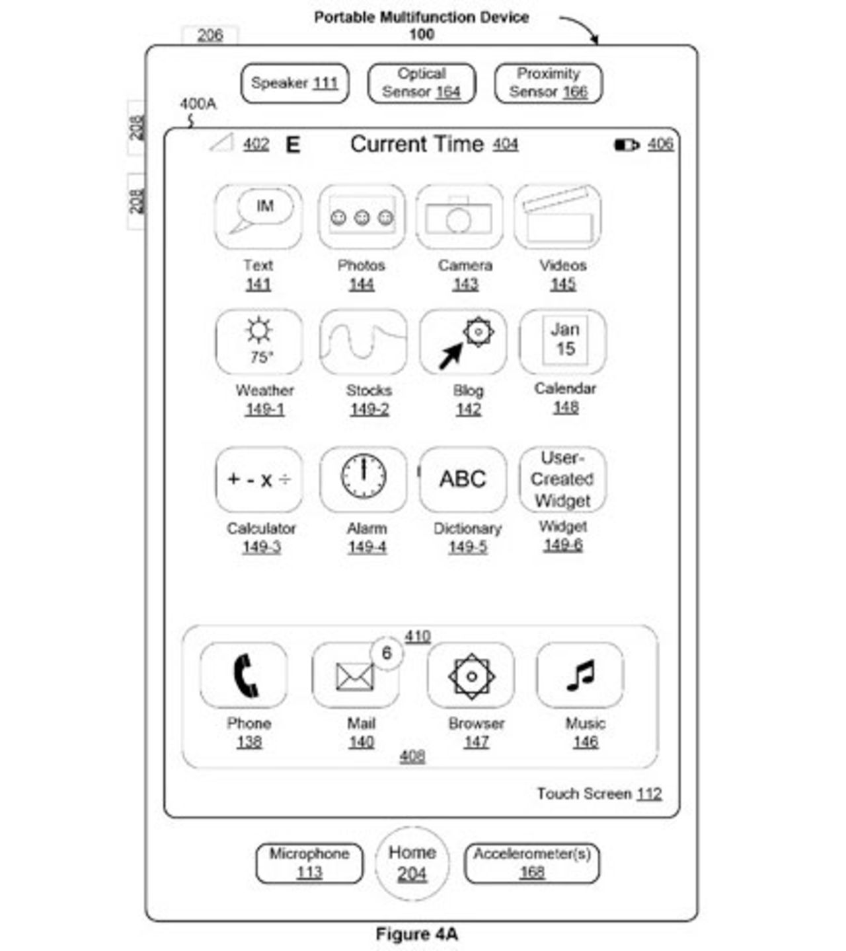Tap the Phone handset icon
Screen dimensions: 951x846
[x=244, y=675]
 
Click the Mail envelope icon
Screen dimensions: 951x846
[x=354, y=676]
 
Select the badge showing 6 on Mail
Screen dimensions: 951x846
[x=387, y=653]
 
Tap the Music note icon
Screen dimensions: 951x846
[x=580, y=675]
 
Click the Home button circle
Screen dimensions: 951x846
[x=412, y=863]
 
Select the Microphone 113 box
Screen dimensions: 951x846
[x=309, y=863]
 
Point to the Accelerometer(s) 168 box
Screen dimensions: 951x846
[x=531, y=863]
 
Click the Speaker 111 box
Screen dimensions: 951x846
[x=295, y=83]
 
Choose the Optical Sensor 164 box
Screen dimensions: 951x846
[x=422, y=83]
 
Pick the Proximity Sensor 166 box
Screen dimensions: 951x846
[x=548, y=83]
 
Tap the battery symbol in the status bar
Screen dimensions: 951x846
[x=626, y=144]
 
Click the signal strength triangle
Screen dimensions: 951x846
[x=222, y=142]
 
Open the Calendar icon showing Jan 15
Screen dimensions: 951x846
[x=564, y=341]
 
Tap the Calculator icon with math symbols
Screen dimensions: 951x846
[x=259, y=479]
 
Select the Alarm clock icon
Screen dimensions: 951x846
[x=364, y=478]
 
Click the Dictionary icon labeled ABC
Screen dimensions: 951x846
[x=463, y=479]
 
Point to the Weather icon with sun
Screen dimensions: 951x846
[x=259, y=341]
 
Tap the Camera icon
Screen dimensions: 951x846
[x=459, y=217]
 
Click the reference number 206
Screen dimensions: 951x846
[x=210, y=34]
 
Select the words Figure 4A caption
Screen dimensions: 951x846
[x=416, y=934]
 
